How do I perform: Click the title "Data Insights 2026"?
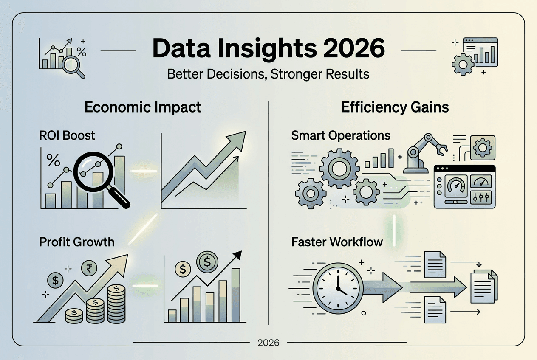coord(268,49)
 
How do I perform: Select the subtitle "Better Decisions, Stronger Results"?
coord(268,74)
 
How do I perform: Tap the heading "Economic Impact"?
coord(143,107)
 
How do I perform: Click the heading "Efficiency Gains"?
coord(395,107)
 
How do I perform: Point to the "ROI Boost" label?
coord(67,135)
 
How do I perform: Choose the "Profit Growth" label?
coord(77,242)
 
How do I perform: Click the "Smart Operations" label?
coord(341,135)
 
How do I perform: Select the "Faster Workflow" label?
coord(337,242)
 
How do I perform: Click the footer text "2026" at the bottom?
coord(268,343)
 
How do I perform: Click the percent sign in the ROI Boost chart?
coord(53,160)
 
